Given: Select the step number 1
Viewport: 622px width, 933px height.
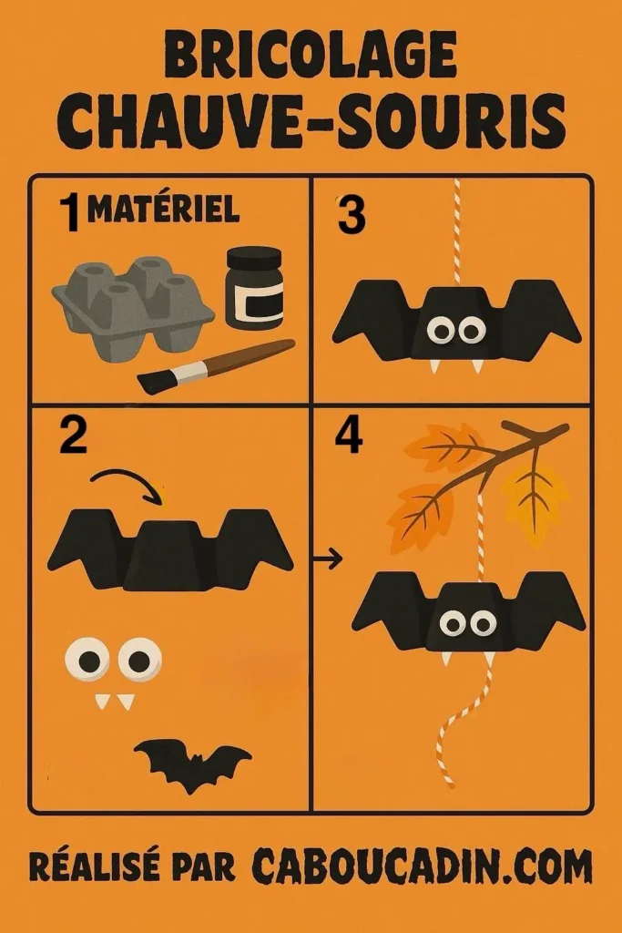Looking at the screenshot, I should tap(68, 216).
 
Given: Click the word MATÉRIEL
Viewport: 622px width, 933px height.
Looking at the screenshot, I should tap(164, 210).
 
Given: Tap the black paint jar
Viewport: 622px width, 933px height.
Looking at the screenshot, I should tap(253, 289).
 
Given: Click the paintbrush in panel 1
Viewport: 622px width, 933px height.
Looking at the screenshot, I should tap(216, 365).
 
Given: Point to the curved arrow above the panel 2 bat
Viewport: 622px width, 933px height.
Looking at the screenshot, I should tap(127, 483).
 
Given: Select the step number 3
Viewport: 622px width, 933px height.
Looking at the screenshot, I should tap(351, 216).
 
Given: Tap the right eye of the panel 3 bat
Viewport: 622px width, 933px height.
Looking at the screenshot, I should tap(471, 331).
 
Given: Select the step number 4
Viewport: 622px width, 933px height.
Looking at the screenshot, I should tap(348, 436).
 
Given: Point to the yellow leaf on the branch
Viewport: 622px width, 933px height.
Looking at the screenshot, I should tap(536, 496).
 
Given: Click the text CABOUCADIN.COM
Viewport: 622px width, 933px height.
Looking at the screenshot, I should tap(421, 866).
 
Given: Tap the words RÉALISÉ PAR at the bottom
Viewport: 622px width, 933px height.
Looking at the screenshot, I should tap(132, 866).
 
